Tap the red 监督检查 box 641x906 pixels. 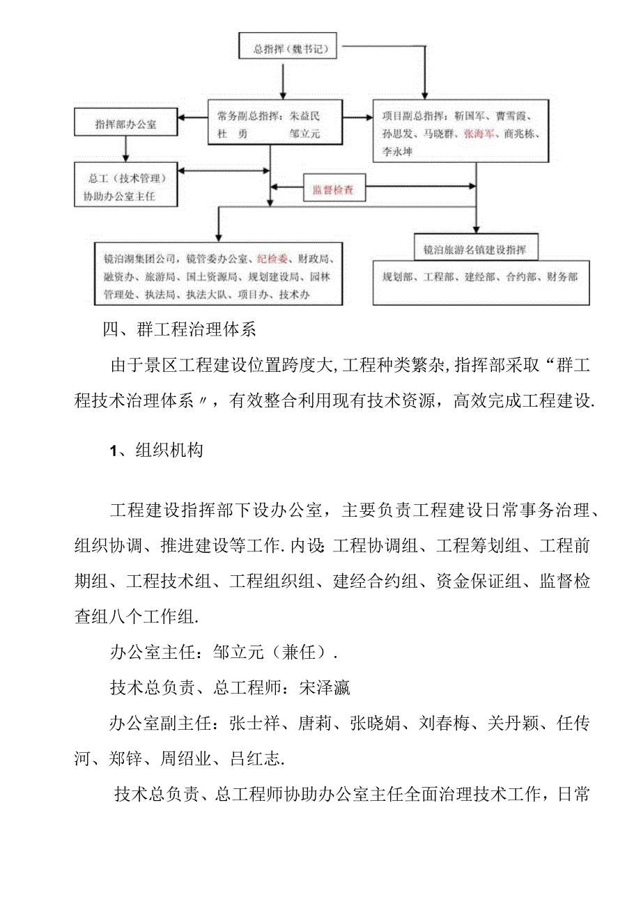tap(333, 189)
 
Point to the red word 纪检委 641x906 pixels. tap(272, 259)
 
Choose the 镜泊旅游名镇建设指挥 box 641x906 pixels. tap(476, 249)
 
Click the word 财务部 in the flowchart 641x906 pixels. tap(562, 276)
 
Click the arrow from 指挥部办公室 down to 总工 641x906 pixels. tap(126, 148)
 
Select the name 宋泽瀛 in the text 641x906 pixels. tap(324, 688)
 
